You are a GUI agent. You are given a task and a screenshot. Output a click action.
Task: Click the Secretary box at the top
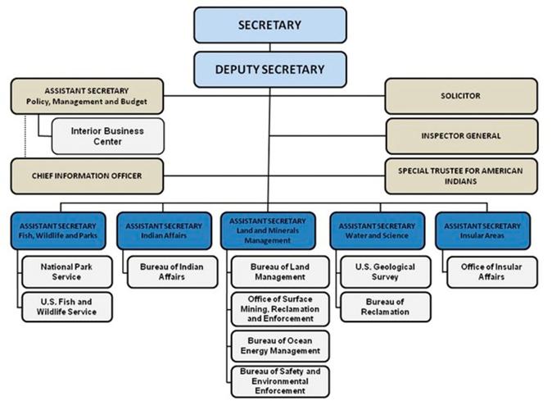click(x=269, y=25)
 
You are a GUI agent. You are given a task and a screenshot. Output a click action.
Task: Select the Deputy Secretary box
click(x=269, y=69)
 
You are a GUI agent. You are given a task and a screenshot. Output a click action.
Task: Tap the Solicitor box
click(x=460, y=96)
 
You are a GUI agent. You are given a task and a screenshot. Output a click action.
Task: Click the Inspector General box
click(x=461, y=136)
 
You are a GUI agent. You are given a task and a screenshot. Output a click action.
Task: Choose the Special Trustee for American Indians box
click(x=461, y=175)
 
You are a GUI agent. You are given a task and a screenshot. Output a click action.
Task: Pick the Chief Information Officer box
click(x=87, y=176)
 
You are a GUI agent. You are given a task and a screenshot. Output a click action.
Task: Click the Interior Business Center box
click(x=107, y=136)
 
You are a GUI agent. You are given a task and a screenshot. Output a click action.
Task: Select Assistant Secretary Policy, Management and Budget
click(x=87, y=96)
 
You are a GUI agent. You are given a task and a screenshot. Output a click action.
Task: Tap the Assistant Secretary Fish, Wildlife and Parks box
click(x=58, y=231)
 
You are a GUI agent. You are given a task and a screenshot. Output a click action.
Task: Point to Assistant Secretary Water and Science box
click(x=378, y=231)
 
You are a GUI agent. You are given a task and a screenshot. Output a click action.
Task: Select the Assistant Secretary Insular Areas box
click(x=482, y=231)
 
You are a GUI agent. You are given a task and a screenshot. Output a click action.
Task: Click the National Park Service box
click(x=66, y=272)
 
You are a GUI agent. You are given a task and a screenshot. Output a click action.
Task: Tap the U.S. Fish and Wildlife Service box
click(x=66, y=306)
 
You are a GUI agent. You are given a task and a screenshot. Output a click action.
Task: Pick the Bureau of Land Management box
click(x=279, y=272)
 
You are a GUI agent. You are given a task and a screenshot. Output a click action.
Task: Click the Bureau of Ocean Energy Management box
click(x=279, y=346)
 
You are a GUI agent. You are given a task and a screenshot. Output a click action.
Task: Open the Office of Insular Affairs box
click(x=491, y=272)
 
